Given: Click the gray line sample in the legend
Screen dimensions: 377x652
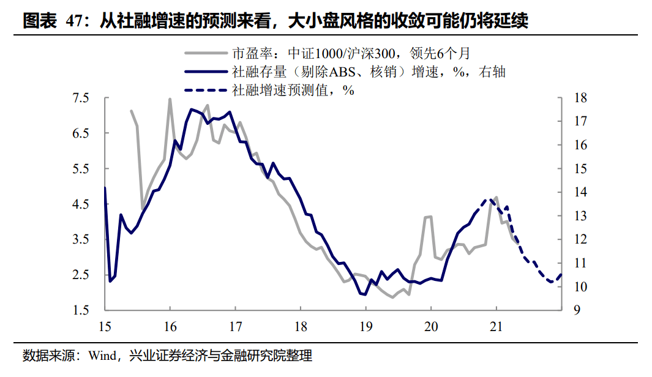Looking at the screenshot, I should click(205, 53).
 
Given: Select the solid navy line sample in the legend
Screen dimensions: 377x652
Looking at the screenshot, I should click(205, 72).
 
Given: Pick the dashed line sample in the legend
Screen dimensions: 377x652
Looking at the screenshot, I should click(205, 91).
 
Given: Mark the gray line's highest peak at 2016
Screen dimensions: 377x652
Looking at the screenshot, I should click(170, 99).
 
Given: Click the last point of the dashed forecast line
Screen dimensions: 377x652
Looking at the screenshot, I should click(561, 275).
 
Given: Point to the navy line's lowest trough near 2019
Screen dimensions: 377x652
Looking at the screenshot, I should click(365, 294).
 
